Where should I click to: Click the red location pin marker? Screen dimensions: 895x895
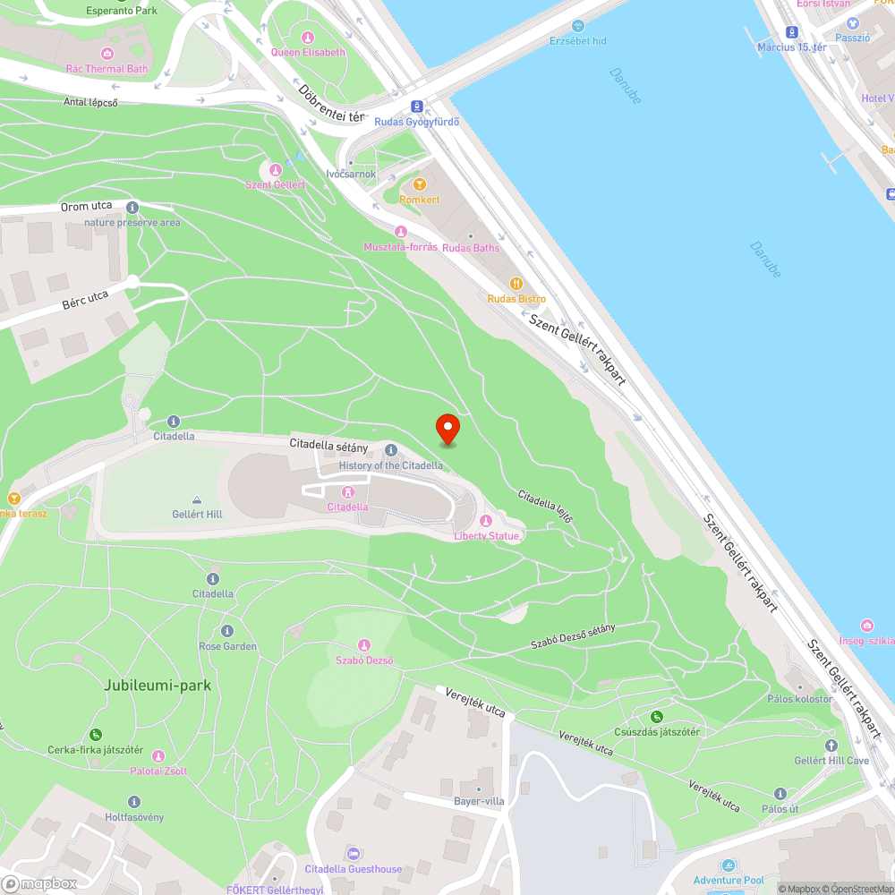coord(447,429)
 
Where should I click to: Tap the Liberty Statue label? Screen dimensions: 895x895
coord(486,535)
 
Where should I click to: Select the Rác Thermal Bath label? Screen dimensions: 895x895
coord(107,68)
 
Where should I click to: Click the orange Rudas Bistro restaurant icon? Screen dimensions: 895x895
coord(516,283)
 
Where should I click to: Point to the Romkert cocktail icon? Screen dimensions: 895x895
coord(420,183)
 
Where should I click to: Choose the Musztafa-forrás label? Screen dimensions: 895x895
coord(400,246)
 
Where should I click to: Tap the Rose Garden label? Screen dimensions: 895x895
coord(227,645)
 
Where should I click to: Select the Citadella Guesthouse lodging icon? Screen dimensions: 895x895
coord(353,853)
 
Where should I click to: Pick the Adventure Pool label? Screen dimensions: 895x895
coord(729,881)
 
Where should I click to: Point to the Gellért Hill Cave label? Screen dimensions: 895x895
coord(831,761)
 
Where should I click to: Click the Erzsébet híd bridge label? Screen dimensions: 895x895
coord(578,41)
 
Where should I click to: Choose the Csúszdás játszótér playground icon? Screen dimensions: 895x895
coord(657,716)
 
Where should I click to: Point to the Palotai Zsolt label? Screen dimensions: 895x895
coord(158,771)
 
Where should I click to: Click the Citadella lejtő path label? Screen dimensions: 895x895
coord(544,507)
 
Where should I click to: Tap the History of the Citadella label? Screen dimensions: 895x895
coord(390,465)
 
